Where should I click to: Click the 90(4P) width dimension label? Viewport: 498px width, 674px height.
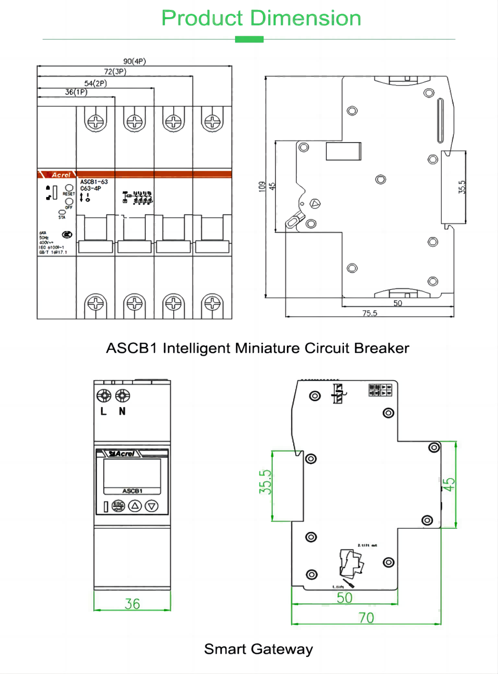coord(134,61)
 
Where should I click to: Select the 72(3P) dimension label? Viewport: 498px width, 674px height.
coord(115,72)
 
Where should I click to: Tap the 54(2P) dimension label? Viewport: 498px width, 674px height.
coord(95,83)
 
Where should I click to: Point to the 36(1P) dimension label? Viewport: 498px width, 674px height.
coord(76,92)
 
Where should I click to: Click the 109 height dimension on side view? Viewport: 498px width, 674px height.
coord(262,187)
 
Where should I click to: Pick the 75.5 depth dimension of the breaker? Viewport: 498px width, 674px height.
coord(369,313)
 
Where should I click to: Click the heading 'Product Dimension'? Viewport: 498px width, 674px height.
coord(261,18)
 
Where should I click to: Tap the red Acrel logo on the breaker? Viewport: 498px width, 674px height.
coord(61,175)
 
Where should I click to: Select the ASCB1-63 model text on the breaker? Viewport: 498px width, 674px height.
coord(94,182)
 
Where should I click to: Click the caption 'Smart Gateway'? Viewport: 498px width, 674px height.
coord(258,649)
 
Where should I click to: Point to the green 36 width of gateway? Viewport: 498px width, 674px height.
coord(132,604)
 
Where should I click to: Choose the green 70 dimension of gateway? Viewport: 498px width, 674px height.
coord(366,618)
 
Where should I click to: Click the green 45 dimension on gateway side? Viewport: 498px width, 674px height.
coord(449,484)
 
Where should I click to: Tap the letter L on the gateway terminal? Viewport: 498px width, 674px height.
coord(103,411)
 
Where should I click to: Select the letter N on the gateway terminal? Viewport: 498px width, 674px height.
coord(122,411)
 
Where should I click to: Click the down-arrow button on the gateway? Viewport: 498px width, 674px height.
coord(151,505)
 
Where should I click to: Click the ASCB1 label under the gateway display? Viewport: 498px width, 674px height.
coord(132,490)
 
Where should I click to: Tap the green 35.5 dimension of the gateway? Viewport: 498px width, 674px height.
coord(265,482)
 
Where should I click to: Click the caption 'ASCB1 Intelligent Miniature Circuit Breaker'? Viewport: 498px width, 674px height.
coord(257,348)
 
